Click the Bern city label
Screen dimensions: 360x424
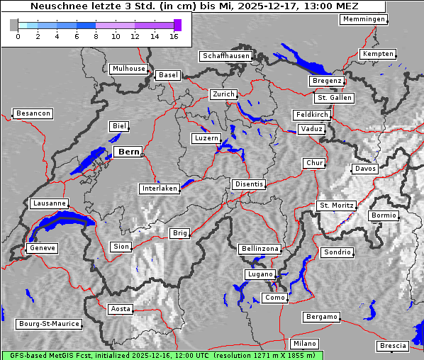coord(128,152)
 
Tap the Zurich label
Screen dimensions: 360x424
coord(223,94)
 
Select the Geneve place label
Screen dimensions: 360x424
coord(42,248)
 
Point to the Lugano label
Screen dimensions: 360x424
coord(260,274)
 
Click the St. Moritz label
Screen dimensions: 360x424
coord(336,206)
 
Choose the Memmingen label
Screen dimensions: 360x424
coord(363,19)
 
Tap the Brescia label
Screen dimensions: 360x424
coord(393,346)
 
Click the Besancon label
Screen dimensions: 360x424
coord(33,113)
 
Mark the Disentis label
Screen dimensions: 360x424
coord(248,184)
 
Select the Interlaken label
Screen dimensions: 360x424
coord(160,189)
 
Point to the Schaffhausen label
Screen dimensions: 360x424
coord(225,55)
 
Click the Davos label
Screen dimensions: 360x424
coord(365,169)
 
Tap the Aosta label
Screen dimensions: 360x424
coord(120,309)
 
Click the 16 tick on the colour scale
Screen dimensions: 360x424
coord(174,36)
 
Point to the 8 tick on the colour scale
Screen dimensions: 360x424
coord(96,36)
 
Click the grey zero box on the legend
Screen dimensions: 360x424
coord(14,25)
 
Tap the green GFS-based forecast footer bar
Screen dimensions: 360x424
coord(162,355)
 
